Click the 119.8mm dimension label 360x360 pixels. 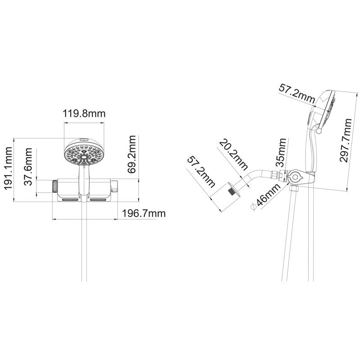(84, 114)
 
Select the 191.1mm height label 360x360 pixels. (9, 168)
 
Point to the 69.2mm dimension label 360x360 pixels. (132, 154)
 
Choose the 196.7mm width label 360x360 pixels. (144, 213)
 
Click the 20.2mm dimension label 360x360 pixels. (234, 155)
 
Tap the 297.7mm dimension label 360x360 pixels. (346, 140)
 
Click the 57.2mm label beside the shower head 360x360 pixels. (297, 94)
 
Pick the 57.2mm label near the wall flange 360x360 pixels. (201, 172)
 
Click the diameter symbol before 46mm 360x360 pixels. (254, 207)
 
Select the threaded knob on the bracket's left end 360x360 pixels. (55, 186)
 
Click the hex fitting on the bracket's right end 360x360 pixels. (114, 186)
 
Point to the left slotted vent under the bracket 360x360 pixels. (70, 200)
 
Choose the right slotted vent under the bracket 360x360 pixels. (98, 200)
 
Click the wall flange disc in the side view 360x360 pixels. (234, 189)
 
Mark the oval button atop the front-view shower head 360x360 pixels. (84, 139)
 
